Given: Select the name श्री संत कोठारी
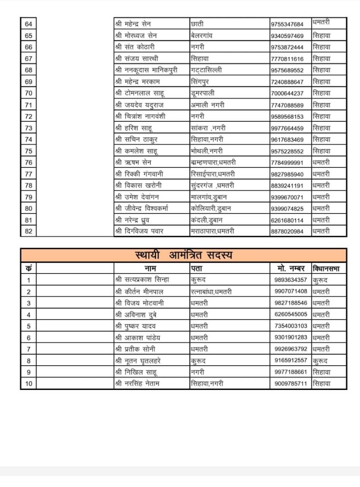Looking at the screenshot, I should pos(135,47).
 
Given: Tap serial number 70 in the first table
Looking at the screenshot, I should pos(29,93).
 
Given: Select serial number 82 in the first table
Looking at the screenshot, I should pos(29,231).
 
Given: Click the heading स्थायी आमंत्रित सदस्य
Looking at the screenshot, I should pos(184,255).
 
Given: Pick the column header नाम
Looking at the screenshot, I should pos(151,268).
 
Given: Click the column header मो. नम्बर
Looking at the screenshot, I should pos(291,268).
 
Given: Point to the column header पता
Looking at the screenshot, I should pos(196,268).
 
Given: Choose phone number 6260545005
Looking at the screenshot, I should pos(291,314).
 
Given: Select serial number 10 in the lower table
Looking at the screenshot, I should pos(29,383).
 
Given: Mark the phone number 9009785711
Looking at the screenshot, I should pos(291,383).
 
